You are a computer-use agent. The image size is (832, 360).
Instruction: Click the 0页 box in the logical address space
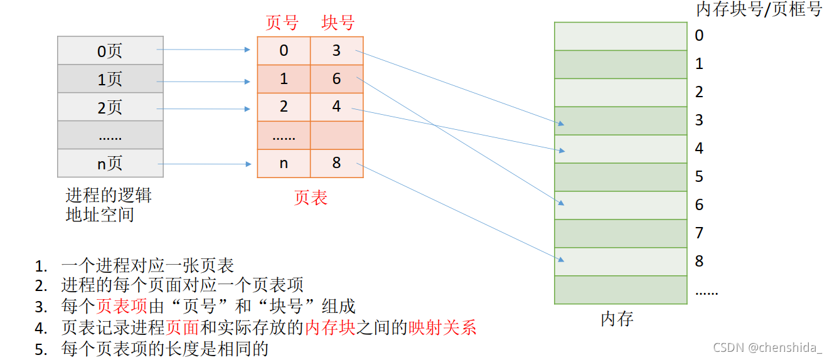[110, 51]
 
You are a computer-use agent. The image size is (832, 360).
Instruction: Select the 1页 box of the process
[110, 79]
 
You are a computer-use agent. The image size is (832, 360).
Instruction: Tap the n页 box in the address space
[110, 164]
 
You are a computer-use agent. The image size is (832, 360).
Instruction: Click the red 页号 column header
[282, 23]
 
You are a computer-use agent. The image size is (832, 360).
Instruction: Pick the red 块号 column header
[338, 23]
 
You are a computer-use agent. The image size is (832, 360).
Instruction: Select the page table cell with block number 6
[337, 79]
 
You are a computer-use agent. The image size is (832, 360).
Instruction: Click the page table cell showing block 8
[337, 164]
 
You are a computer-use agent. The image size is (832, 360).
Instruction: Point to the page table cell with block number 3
[337, 51]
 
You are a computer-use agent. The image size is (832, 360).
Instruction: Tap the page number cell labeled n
[284, 164]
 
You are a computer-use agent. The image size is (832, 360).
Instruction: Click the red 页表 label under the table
[311, 198]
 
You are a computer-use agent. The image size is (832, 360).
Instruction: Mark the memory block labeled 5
[621, 177]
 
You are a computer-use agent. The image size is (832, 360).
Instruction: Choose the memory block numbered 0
[621, 36]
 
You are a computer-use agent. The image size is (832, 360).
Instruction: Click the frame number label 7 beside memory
[699, 233]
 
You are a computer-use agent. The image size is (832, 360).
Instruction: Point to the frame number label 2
[699, 92]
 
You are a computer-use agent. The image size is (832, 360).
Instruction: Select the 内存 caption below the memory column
[617, 319]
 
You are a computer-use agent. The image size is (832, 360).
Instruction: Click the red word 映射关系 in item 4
[442, 327]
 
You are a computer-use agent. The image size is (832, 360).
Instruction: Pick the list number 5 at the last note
[41, 349]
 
